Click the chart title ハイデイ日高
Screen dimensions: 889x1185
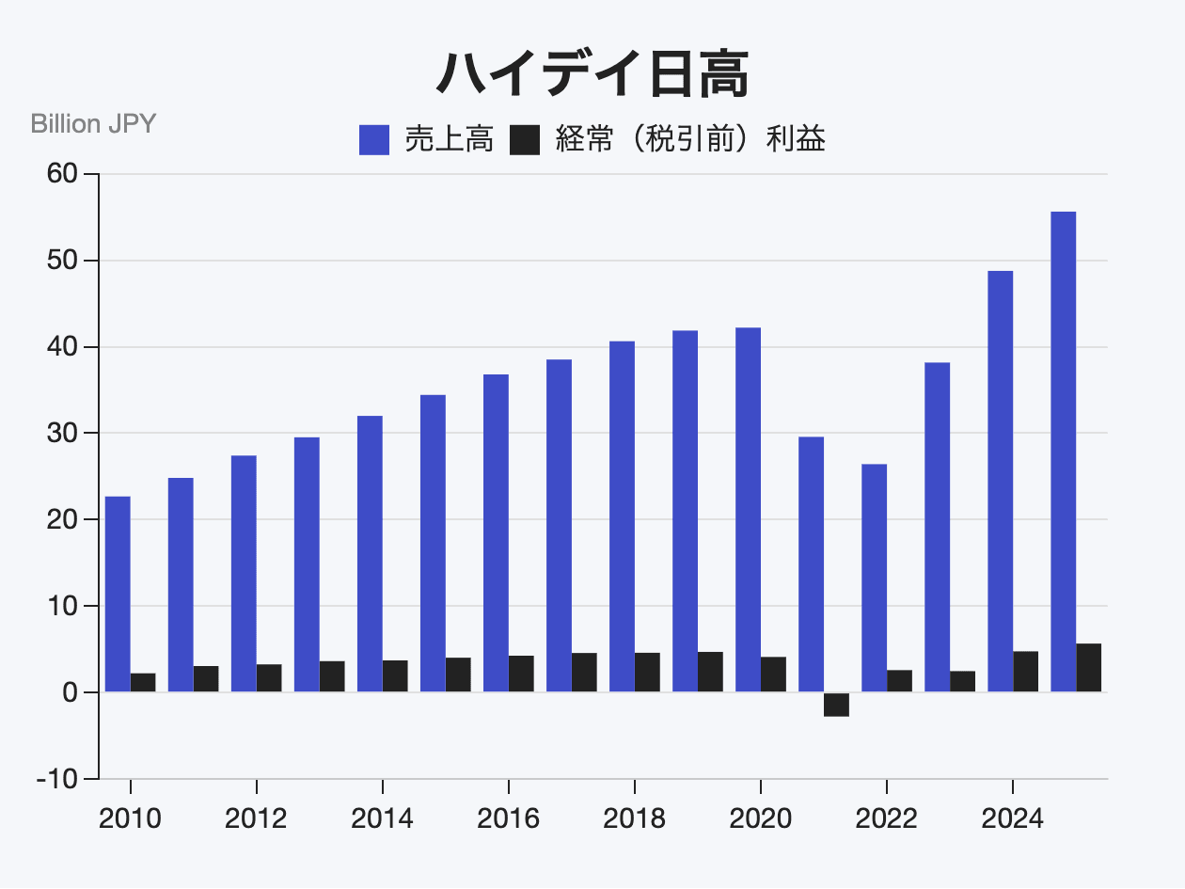tap(592, 73)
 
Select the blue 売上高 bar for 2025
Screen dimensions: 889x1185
tap(1063, 452)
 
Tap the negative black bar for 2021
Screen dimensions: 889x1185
tap(836, 705)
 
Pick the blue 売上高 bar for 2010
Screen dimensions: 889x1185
tap(118, 594)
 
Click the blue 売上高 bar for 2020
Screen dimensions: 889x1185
tap(748, 509)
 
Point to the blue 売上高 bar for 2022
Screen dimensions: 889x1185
tap(874, 578)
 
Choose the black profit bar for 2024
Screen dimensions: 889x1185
tap(1025, 672)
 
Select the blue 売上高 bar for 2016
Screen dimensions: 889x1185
tap(496, 532)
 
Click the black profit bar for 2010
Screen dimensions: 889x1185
tap(143, 682)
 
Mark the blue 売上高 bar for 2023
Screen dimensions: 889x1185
tap(937, 527)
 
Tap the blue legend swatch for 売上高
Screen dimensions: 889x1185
tap(374, 140)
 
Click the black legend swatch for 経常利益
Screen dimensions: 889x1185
tap(525, 140)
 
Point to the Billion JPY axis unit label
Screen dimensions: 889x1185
tap(93, 123)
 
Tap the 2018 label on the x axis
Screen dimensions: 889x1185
tap(634, 818)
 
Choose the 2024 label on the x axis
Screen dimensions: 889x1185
tap(1012, 818)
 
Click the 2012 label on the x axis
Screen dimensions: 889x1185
tap(256, 818)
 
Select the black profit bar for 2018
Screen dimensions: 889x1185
tap(647, 672)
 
